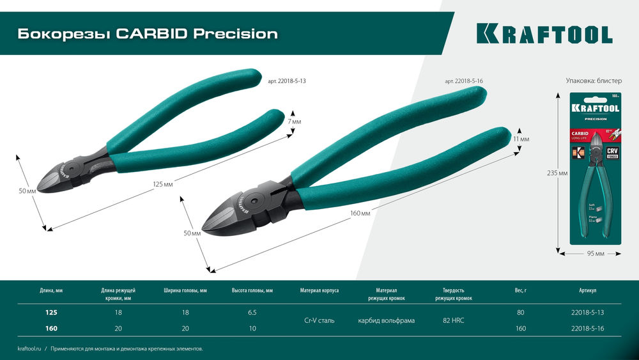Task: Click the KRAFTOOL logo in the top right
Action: point(544,34)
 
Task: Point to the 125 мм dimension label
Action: point(162,184)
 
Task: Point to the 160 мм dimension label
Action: point(361,213)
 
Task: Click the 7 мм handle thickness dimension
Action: point(294,121)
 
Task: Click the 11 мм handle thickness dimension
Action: point(521,139)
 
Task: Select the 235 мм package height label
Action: point(558,173)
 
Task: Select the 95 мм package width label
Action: point(595,254)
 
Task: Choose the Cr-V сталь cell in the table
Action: point(319,320)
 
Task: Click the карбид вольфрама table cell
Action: point(386,320)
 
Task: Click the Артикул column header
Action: point(587,290)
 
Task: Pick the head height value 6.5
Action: point(252,312)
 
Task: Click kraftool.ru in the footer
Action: point(29,348)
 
